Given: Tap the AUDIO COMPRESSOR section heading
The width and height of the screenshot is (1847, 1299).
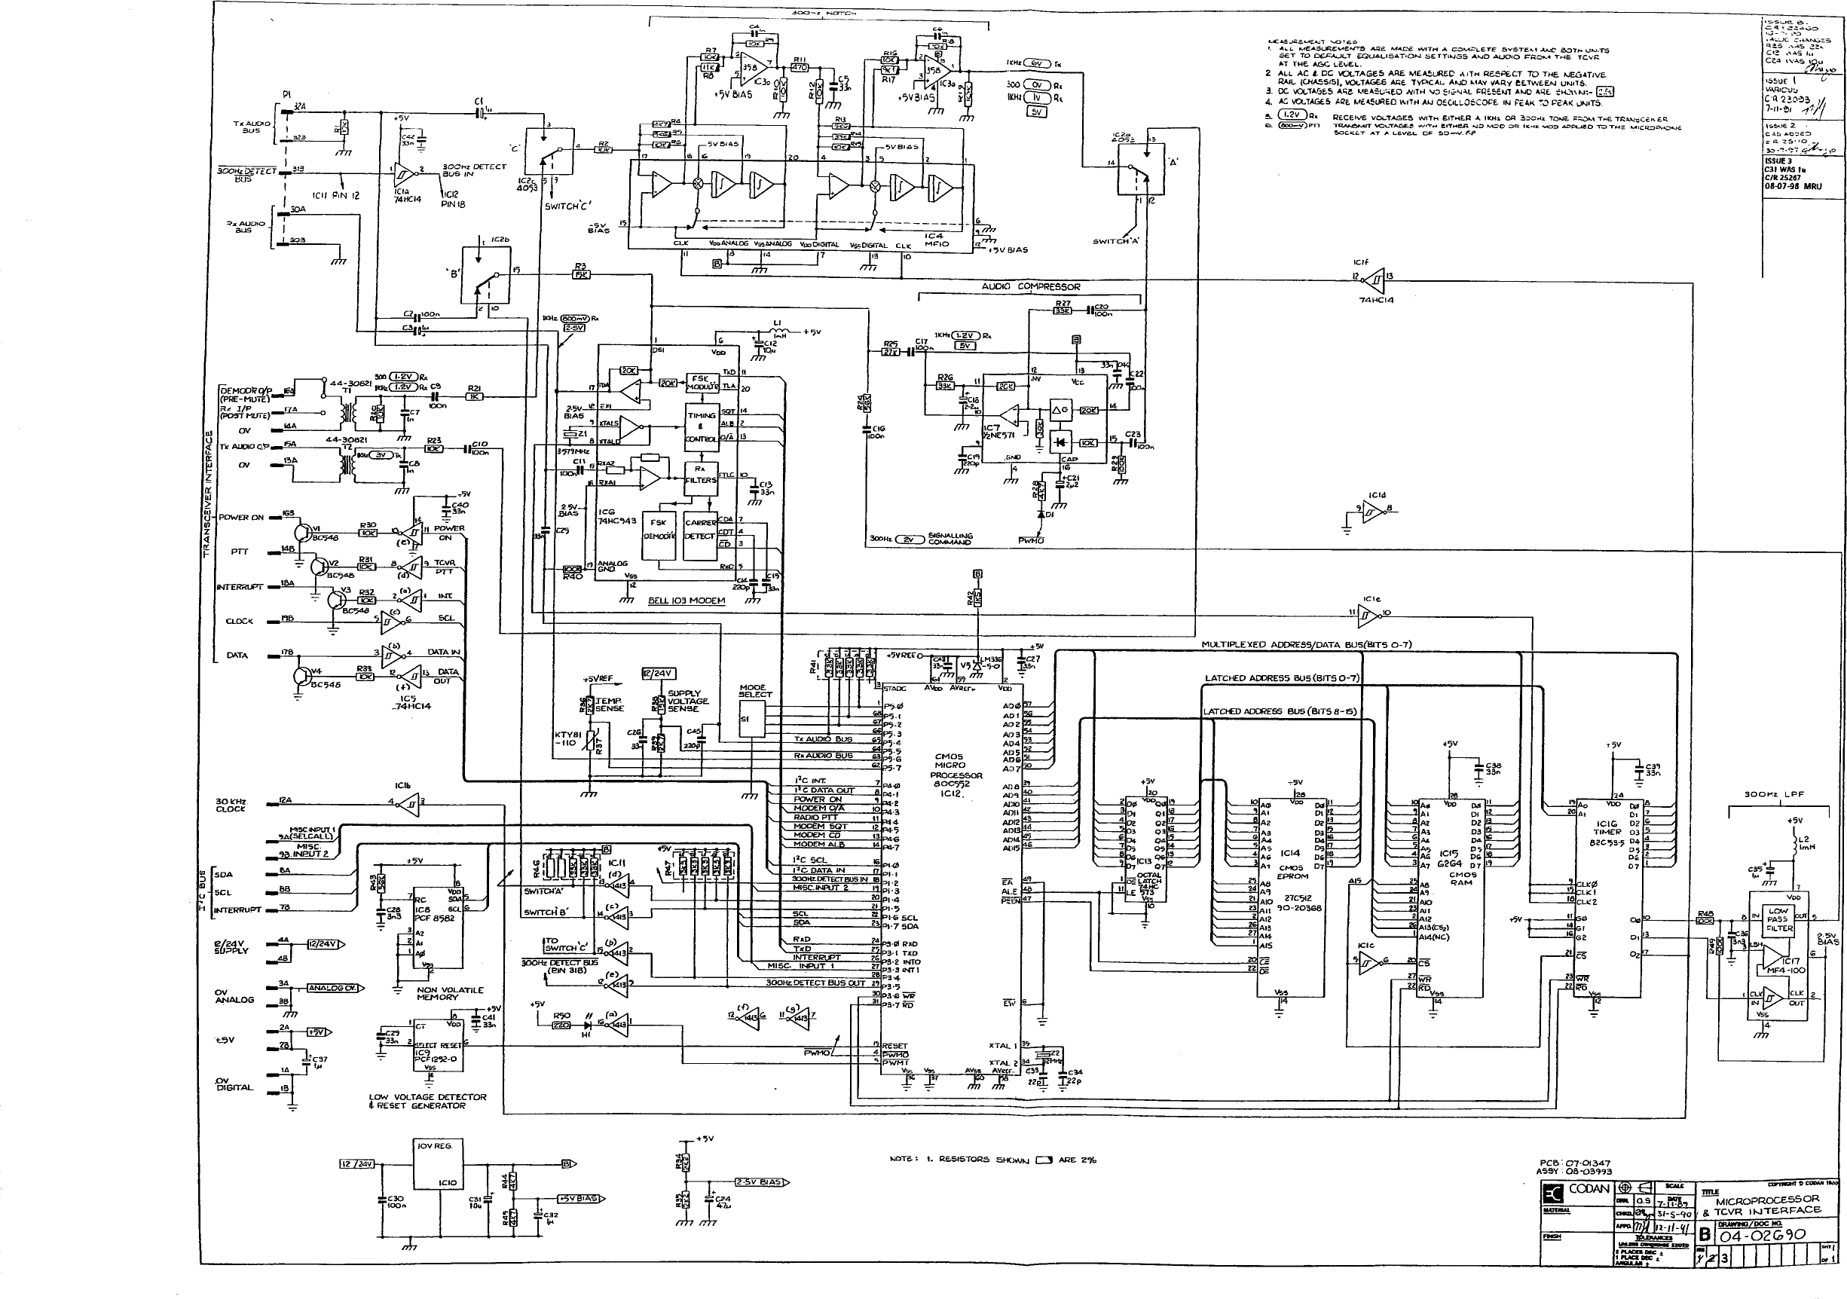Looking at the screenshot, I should coord(1030,287).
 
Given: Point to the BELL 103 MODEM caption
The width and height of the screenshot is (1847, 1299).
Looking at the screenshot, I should coord(687,600).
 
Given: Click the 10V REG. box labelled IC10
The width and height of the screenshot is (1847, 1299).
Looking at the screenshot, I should coord(436,1163).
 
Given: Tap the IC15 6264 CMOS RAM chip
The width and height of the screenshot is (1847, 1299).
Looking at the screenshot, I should coord(1450,877).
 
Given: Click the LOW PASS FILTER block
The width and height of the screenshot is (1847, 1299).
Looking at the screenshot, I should coord(1778,920).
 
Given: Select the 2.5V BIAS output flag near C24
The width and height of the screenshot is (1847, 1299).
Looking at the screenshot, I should coord(759,1182).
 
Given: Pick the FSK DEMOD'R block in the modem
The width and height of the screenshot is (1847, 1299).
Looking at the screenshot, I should coord(659,528).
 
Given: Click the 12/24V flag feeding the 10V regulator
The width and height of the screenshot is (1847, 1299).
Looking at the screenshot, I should coord(356,1164).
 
